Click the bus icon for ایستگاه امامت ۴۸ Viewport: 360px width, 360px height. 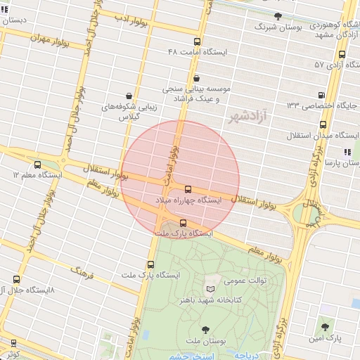pos(196,41)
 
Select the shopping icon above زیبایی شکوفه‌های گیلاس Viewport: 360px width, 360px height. pos(129,96)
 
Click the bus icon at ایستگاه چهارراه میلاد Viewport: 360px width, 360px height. pos(188,189)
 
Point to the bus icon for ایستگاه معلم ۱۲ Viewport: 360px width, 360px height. pos(37,164)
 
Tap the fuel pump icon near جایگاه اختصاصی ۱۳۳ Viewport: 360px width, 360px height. pos(321,95)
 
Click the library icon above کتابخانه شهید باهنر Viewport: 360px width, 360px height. pos(210,289)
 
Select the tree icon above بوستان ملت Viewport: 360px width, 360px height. pos(205,329)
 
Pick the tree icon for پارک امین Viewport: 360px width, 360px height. pos(324,328)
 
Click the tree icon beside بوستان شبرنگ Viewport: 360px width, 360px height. pos(278,15)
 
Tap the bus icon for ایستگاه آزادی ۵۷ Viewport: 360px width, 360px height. pos(342,54)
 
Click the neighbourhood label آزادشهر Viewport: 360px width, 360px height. pos(250,118)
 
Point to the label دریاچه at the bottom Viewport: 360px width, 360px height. pos(245,355)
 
